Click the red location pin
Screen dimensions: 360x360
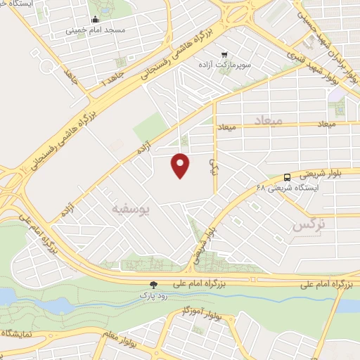[181, 165]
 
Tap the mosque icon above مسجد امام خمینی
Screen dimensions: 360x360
[95, 20]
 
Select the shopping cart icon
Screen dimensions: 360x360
[224, 54]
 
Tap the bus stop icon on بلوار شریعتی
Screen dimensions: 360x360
[287, 177]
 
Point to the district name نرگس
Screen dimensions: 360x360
[303, 225]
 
